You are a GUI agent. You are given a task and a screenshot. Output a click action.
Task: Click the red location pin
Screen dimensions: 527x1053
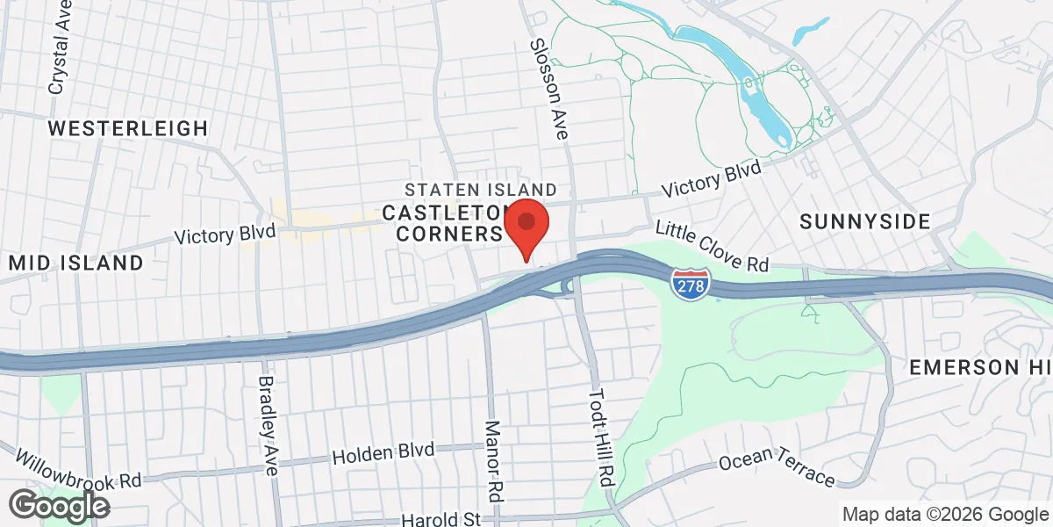(526, 224)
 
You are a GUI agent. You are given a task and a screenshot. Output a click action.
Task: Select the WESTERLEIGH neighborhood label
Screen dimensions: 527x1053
(128, 128)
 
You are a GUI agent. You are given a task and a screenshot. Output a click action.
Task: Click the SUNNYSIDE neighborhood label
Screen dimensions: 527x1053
(864, 222)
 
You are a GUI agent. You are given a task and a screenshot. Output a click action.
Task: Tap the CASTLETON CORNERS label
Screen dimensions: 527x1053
(443, 223)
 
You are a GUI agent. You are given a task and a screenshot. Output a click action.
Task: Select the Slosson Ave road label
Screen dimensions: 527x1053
(548, 90)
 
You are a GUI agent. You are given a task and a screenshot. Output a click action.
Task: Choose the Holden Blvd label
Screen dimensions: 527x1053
(383, 453)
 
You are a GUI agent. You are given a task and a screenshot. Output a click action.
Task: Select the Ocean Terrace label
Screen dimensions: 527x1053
(776, 466)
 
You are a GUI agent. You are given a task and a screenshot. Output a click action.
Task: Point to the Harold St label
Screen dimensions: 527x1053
(441, 520)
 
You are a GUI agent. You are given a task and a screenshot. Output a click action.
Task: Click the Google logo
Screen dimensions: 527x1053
(60, 506)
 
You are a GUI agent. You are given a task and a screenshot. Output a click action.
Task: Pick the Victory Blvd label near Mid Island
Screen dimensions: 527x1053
(225, 235)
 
